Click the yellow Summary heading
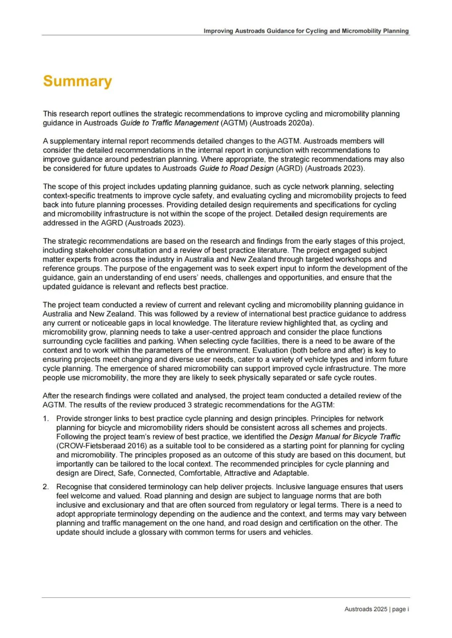(x=77, y=81)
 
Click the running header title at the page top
(x=306, y=31)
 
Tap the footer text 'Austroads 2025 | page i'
(x=376, y=609)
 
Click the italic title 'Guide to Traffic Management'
(x=169, y=123)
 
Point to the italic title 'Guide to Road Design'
(x=236, y=168)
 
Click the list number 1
(x=46, y=419)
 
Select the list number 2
(x=46, y=487)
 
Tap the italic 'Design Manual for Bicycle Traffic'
(x=345, y=437)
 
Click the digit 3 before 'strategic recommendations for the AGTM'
(x=190, y=405)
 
